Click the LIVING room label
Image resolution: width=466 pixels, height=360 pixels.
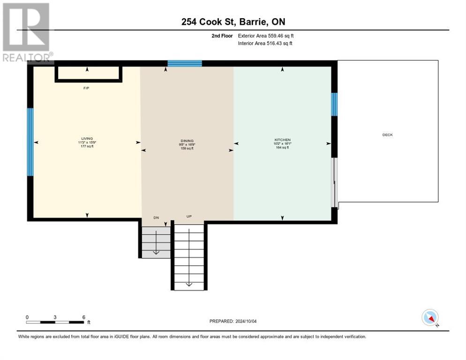point(87,139)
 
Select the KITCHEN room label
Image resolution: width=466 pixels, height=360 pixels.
point(282,140)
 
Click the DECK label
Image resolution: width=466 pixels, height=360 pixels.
point(387,135)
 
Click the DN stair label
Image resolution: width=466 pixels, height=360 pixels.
point(157,217)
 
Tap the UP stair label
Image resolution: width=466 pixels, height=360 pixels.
point(189,217)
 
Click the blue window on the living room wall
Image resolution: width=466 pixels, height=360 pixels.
point(30,142)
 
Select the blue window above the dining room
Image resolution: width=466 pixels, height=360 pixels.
point(185,64)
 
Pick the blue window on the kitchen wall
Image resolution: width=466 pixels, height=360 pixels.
point(334,104)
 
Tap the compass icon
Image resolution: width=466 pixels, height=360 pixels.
point(429,317)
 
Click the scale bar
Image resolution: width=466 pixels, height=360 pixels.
point(55,322)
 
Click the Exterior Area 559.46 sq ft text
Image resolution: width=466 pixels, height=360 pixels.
point(266,36)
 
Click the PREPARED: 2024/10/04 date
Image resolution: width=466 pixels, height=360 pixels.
point(233,321)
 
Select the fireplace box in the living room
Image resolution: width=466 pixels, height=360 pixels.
point(89,74)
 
